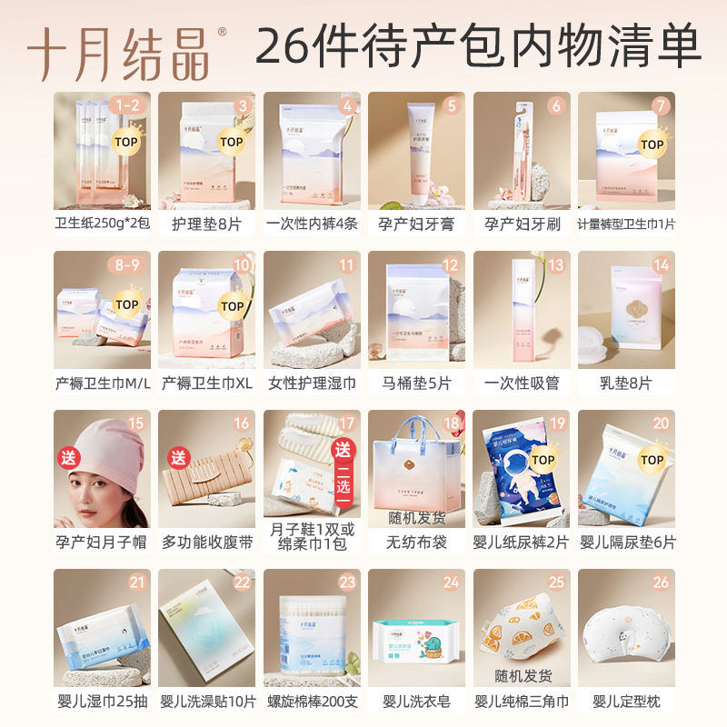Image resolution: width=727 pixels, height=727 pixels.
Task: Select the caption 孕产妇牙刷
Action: click(521, 224)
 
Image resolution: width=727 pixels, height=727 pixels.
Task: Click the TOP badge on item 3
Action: click(232, 142)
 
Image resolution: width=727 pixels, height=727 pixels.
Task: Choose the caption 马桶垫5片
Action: click(416, 383)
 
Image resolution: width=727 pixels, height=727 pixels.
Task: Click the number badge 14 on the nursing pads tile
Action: click(661, 264)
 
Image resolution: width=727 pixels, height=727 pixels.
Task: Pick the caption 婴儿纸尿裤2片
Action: click(521, 543)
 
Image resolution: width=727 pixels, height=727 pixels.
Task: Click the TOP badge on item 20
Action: click(652, 460)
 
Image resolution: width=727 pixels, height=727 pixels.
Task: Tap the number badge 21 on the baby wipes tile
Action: click(137, 583)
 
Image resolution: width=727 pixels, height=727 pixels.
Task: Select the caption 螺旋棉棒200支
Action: click(311, 702)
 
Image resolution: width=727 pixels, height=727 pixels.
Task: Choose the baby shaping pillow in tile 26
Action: click(627, 636)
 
